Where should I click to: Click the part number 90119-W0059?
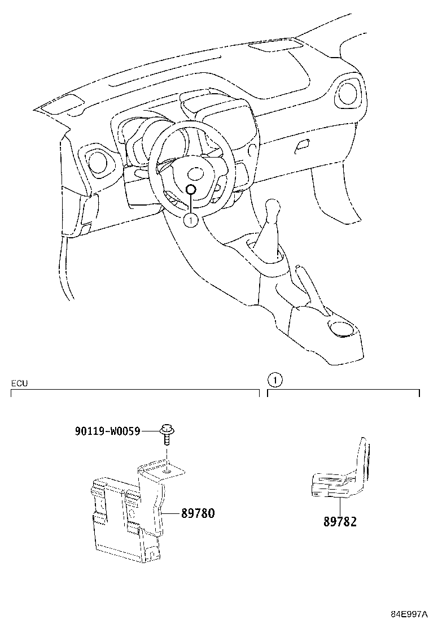coord(107,431)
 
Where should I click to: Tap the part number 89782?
coord(340,522)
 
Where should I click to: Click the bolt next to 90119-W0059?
coord(167,434)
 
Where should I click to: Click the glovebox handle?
coord(302,145)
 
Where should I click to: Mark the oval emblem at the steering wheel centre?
coord(196,172)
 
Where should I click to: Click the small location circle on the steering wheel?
coord(191,190)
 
